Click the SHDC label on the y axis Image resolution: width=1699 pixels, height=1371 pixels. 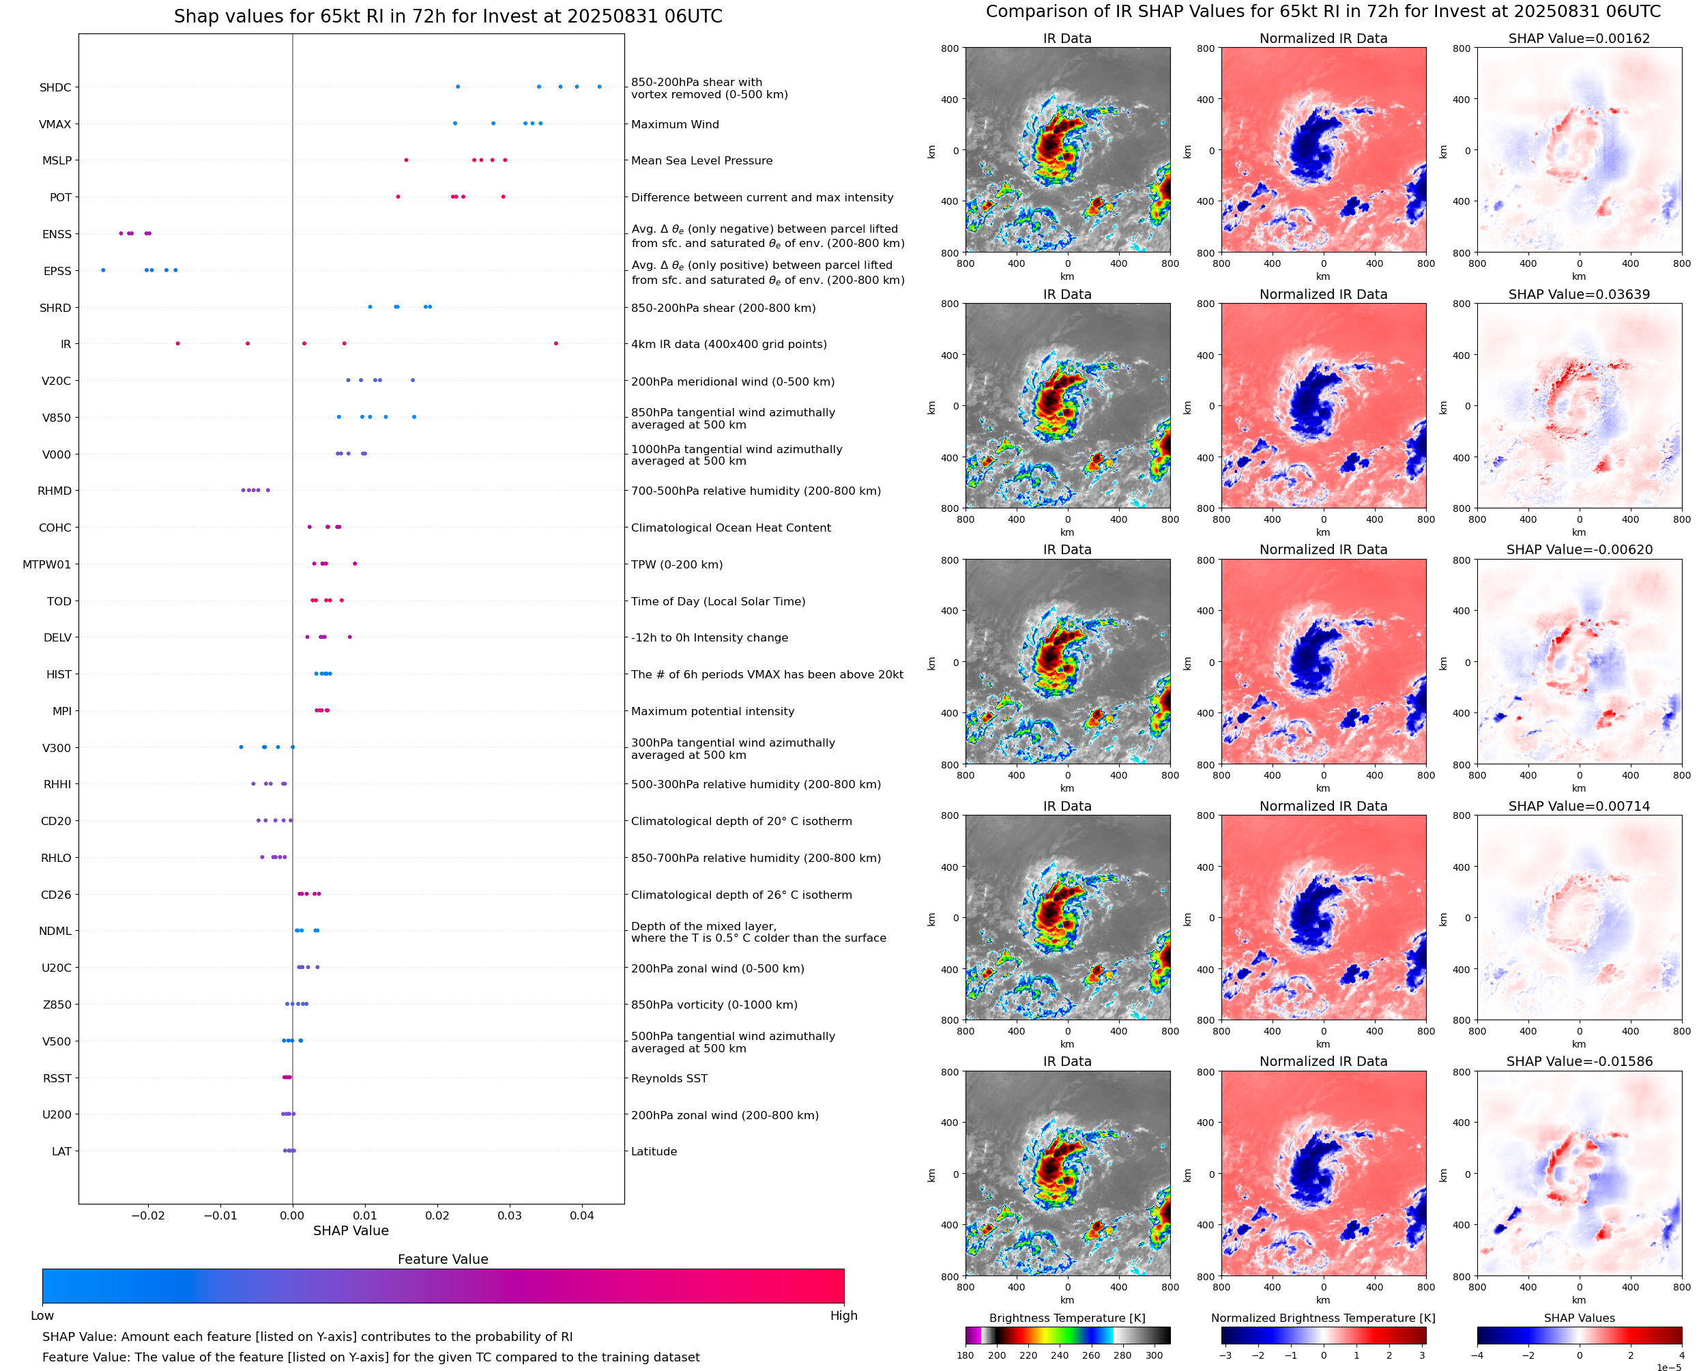coord(55,87)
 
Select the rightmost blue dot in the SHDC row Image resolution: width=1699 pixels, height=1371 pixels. coord(599,87)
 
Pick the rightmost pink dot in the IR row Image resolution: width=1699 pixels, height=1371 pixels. coord(556,343)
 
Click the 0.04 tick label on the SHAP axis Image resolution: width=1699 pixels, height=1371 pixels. coord(582,1215)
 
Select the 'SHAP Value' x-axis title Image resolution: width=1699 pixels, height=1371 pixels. coord(351,1230)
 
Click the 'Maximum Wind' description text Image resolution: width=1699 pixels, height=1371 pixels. coord(675,124)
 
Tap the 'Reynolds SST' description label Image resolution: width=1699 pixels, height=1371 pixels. coord(669,1078)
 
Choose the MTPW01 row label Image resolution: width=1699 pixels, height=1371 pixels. coord(46,564)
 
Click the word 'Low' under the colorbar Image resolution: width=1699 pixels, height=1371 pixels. coord(42,1316)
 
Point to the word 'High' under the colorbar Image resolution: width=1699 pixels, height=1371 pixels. coord(843,1316)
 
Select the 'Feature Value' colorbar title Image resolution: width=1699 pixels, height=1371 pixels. coord(443,1260)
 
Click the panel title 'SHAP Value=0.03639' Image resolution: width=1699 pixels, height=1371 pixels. coord(1579,295)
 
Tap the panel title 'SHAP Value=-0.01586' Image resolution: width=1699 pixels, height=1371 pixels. coord(1579,1061)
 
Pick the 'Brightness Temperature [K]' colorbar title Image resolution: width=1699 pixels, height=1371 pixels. coord(1066,1318)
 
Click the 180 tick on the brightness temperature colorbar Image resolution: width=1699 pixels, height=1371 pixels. coord(965,1355)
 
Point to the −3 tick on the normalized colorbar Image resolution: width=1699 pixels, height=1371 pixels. coord(1225,1355)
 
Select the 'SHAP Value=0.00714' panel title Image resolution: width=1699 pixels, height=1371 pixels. coord(1579,807)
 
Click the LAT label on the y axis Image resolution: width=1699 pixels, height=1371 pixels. coord(61,1151)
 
